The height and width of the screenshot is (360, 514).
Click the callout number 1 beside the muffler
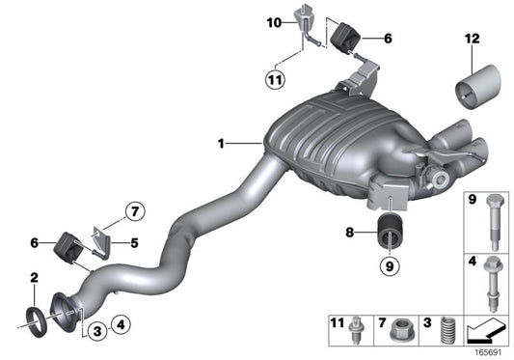(221, 144)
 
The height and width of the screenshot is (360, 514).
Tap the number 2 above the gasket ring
(34, 279)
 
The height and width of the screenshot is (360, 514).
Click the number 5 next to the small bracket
(135, 243)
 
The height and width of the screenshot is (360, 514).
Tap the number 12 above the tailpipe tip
(472, 38)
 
